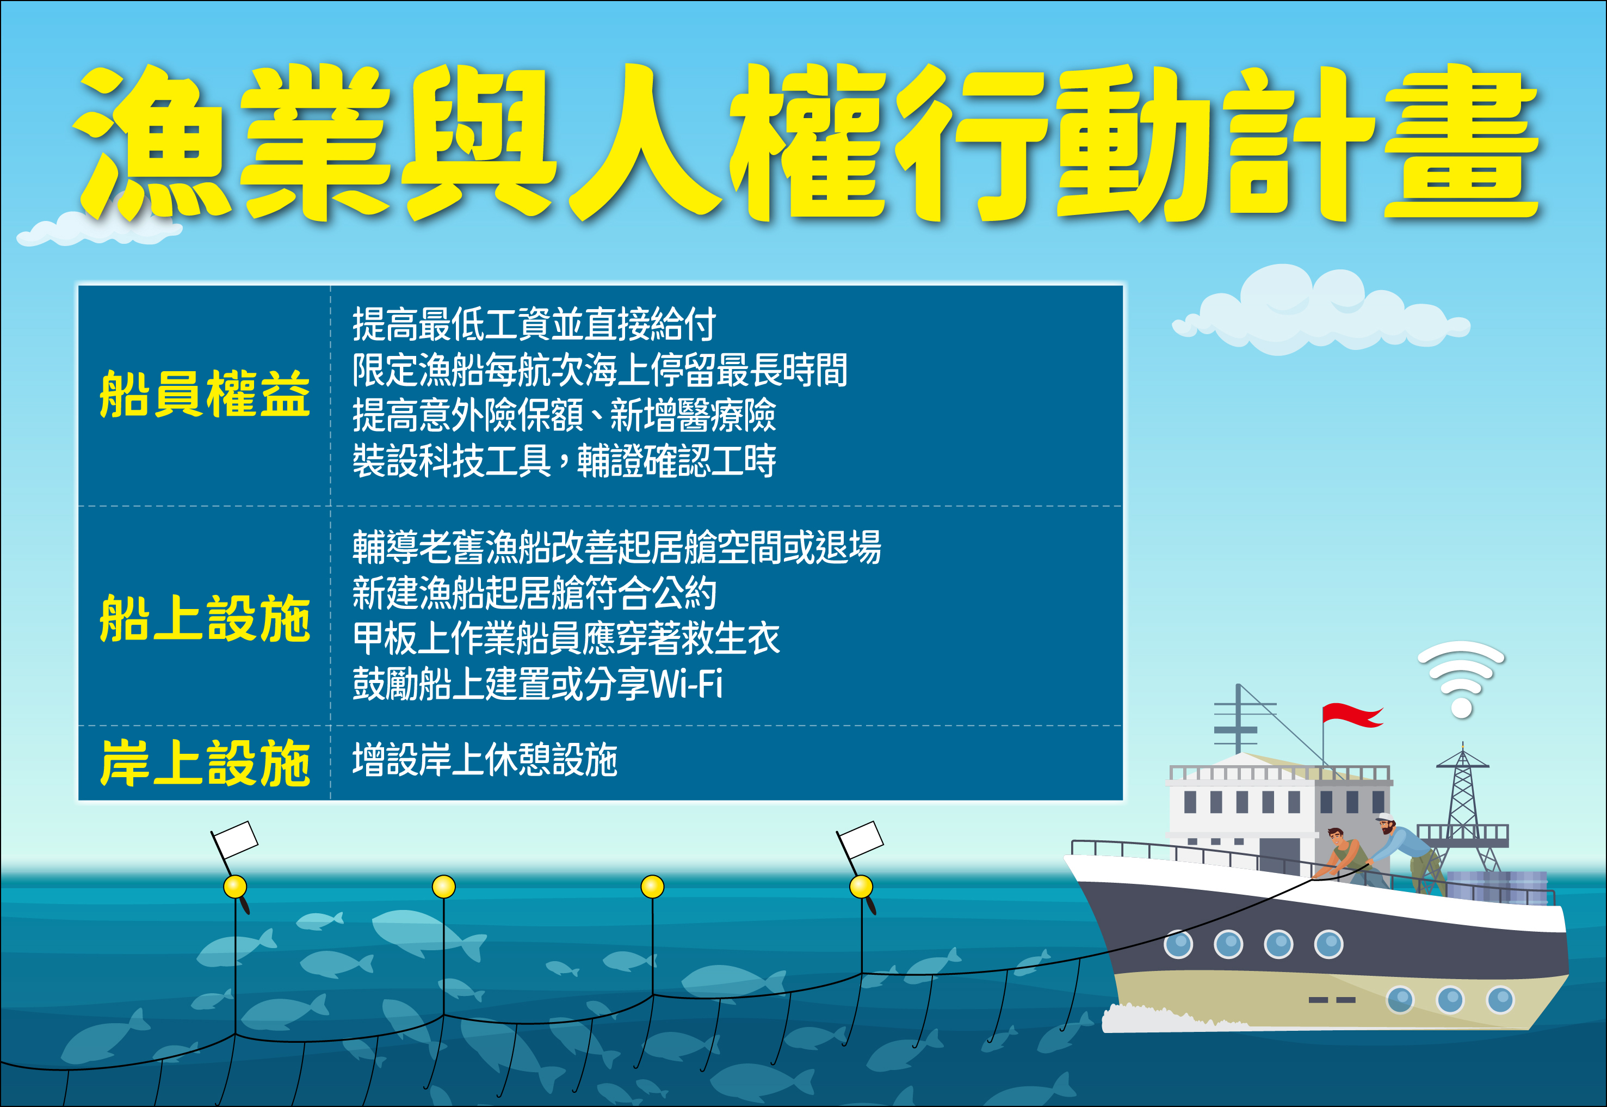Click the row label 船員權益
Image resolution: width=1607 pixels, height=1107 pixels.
[205, 394]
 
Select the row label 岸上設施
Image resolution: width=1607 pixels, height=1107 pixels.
[205, 763]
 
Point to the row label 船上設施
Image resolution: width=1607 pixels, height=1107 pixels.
[205, 618]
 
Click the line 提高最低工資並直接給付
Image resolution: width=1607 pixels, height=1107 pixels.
[534, 324]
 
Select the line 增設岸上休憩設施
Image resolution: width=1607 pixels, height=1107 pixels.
[485, 760]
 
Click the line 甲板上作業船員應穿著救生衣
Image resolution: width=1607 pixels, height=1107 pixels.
[566, 638]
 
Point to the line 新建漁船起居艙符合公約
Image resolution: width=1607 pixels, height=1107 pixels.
[534, 593]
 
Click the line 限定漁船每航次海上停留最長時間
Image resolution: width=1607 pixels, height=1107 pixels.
[599, 370]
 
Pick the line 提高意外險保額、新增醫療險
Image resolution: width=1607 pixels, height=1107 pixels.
[564, 415]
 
